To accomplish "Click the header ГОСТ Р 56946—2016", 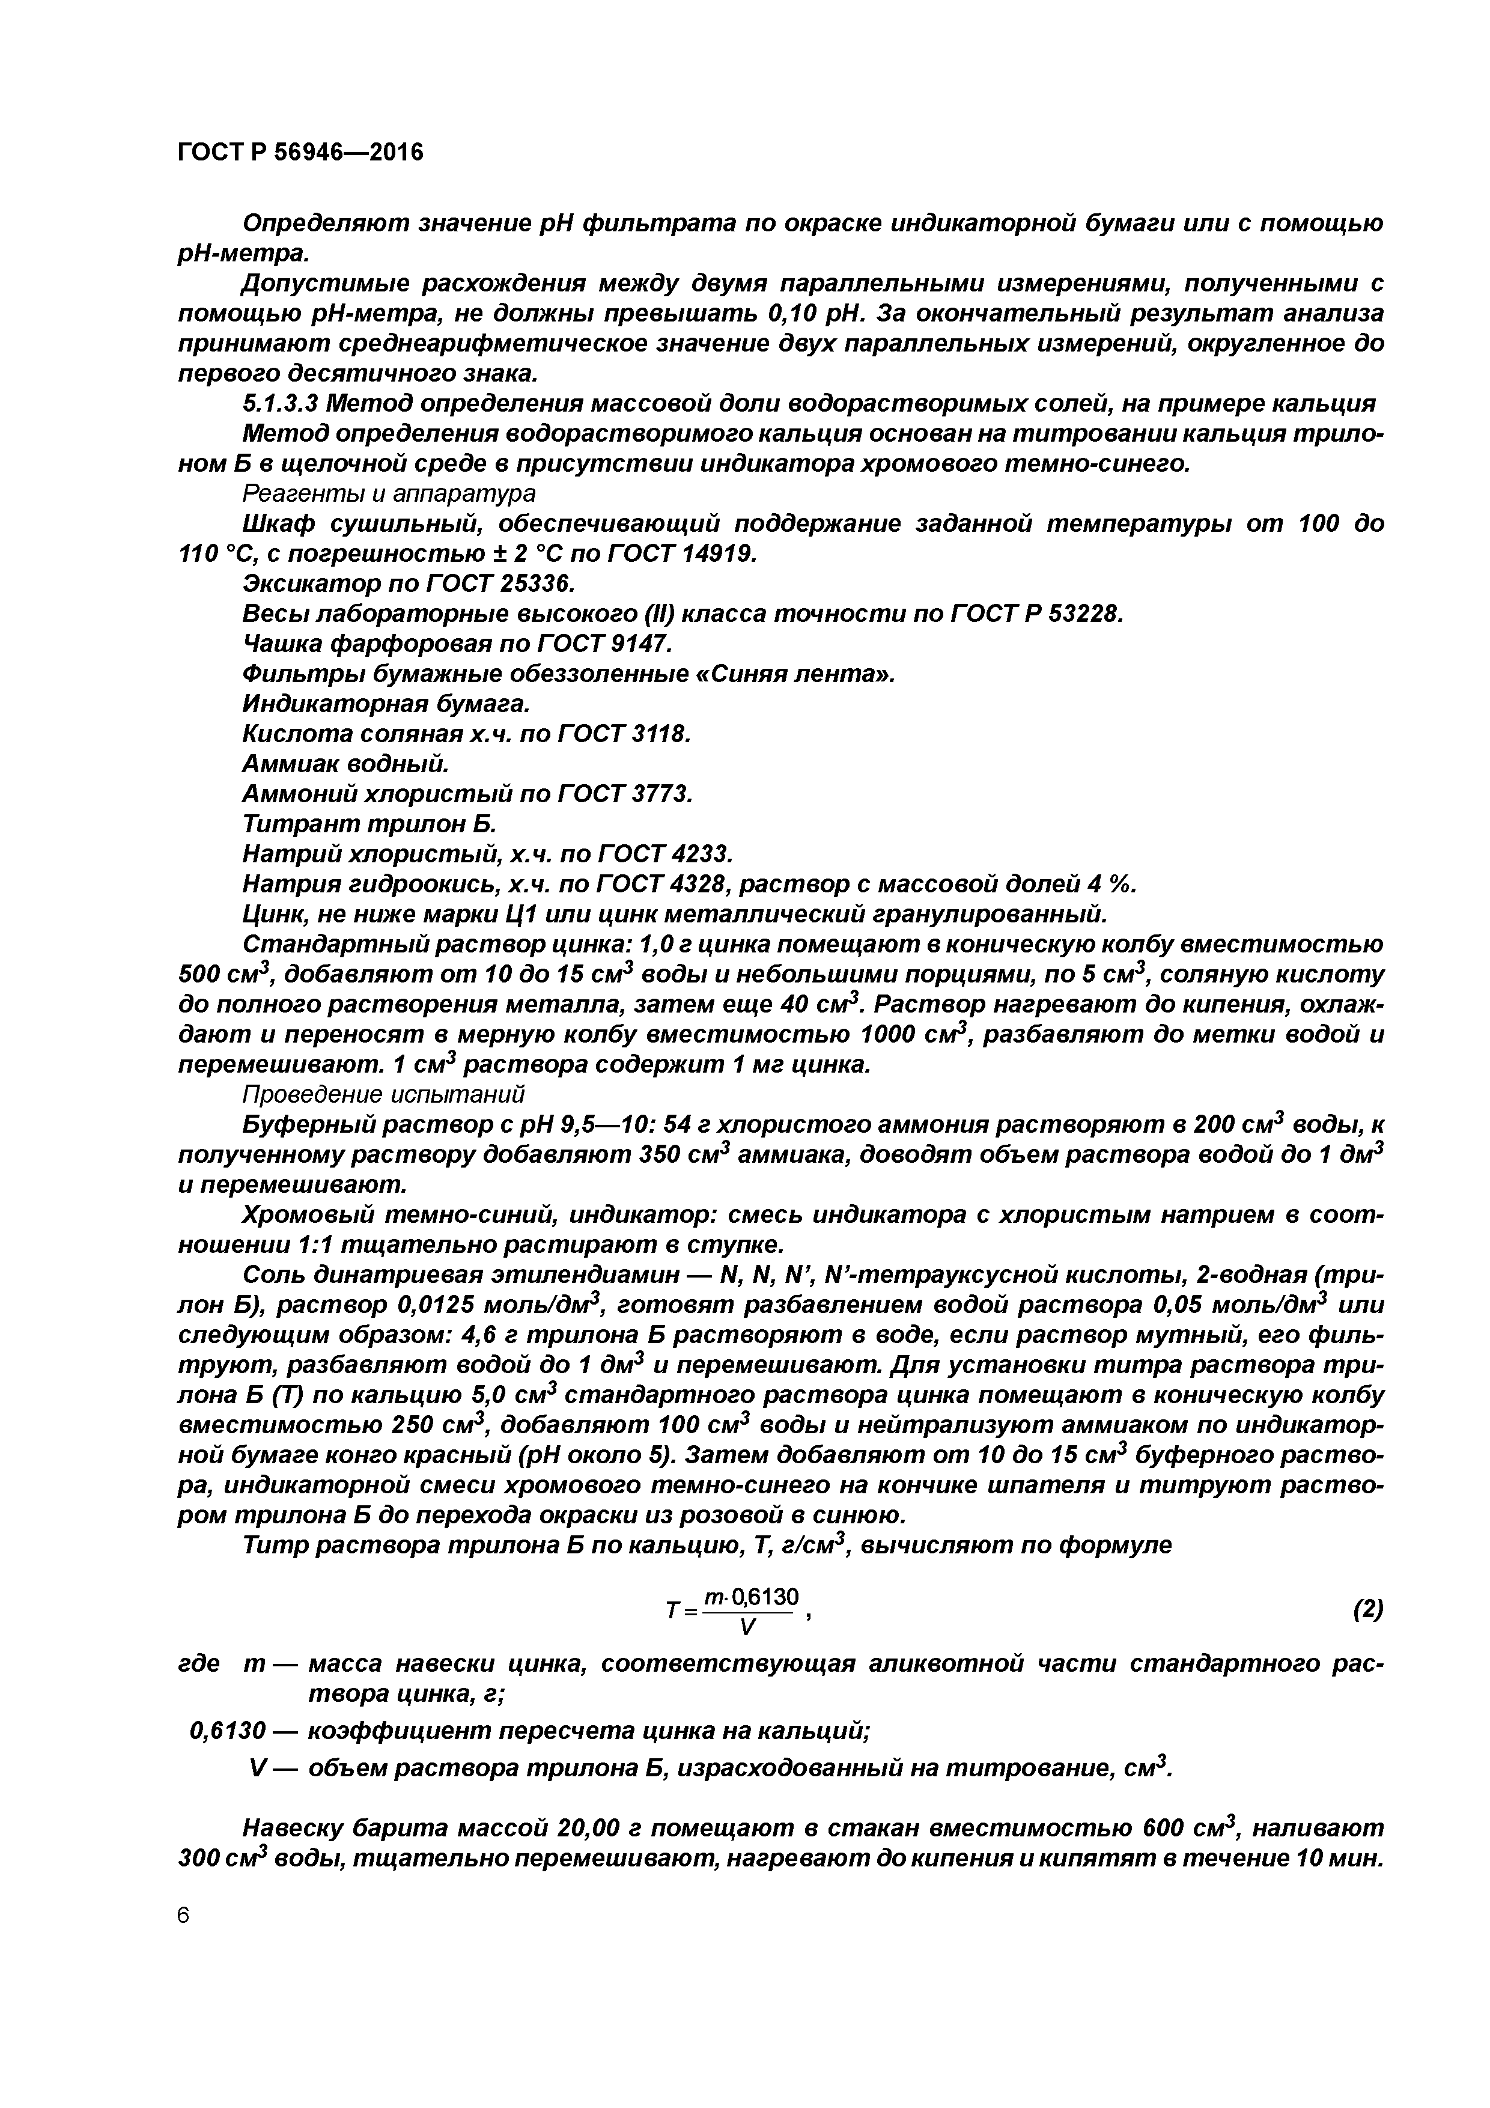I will [300, 153].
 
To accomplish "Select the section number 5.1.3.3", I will [280, 404].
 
